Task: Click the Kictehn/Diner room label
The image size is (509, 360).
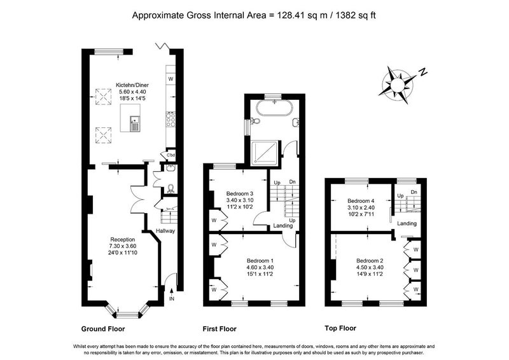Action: [x=132, y=85]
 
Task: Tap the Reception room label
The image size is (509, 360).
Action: [x=123, y=240]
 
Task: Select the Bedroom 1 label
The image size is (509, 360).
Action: [x=260, y=261]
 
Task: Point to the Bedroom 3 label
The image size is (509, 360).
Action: [x=240, y=194]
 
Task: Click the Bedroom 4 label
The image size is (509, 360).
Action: [x=361, y=201]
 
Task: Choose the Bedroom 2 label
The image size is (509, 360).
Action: [x=370, y=261]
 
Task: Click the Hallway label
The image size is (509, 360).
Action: [x=165, y=231]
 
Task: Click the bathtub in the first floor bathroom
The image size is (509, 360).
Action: [x=275, y=107]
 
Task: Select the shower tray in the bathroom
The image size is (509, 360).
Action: [x=265, y=152]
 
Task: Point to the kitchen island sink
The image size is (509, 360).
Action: [x=135, y=123]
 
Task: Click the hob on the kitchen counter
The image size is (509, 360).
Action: [x=171, y=119]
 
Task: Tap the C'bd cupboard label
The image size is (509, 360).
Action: [x=171, y=155]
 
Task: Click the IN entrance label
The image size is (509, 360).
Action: [x=172, y=299]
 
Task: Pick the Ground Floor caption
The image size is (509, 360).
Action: [x=103, y=329]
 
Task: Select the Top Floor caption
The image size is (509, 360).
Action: [x=340, y=328]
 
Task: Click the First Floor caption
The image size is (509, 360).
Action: [x=220, y=329]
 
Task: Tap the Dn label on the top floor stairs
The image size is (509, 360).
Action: [x=414, y=192]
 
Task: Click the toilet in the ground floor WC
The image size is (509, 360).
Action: [x=171, y=189]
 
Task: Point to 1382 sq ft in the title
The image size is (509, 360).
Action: [x=356, y=15]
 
